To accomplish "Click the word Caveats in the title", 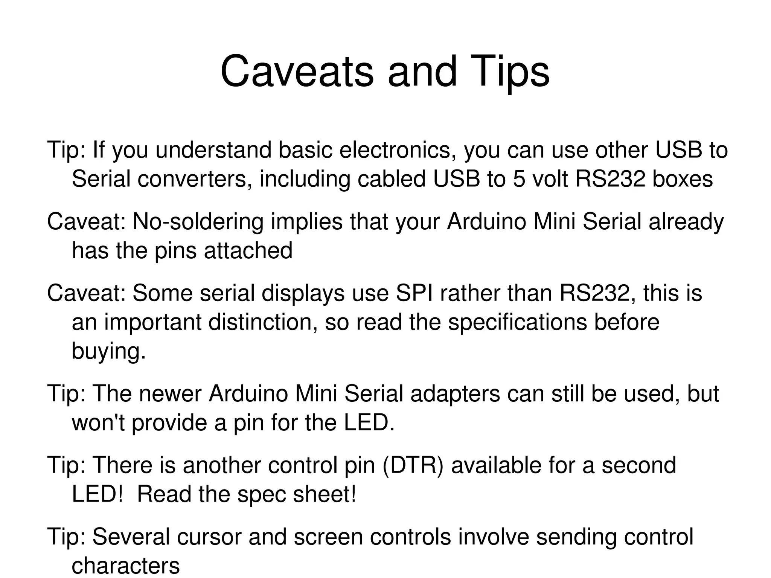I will pos(297,72).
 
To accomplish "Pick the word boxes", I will pos(682,179).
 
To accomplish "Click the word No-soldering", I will pos(198,221).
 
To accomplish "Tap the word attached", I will pos(248,250).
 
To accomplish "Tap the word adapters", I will pos(455,393).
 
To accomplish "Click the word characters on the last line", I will pos(126,566).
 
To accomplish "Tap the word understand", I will pos(213,150).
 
